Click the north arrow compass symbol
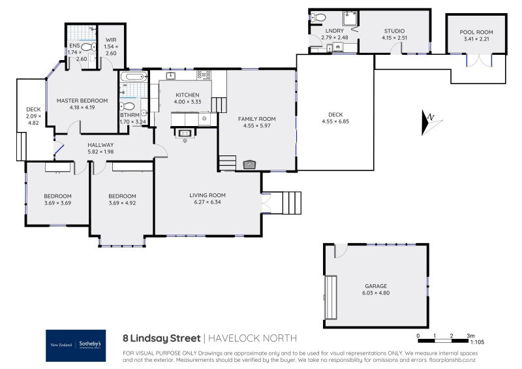pos(430,122)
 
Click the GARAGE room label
pos(376,286)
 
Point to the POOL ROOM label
pos(476,32)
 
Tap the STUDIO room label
pos(394,31)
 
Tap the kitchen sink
pos(170,76)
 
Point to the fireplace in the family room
pos(249,165)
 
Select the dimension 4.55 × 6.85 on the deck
pos(335,122)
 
